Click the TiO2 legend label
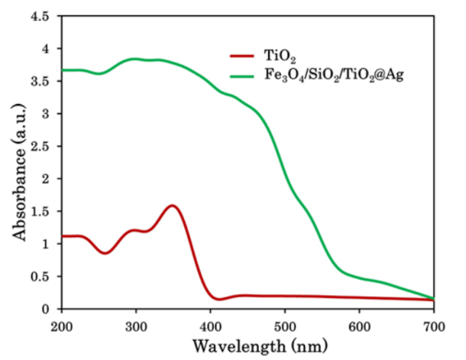point(273,57)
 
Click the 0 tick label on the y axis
point(51,310)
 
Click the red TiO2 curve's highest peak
point(173,205)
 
